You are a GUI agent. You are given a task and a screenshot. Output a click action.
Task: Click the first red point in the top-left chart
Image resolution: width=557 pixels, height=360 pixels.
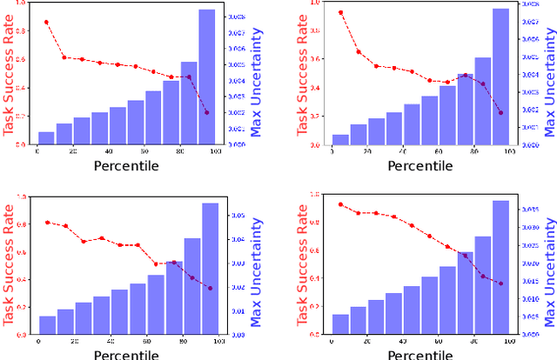click(46, 22)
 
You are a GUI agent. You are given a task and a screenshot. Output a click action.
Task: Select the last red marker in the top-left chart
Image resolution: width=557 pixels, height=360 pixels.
click(206, 113)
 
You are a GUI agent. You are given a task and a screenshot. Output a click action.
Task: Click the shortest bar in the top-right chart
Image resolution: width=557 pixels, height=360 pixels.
click(340, 140)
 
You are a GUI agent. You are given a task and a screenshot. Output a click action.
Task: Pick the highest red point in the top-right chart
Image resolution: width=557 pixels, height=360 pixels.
click(340, 13)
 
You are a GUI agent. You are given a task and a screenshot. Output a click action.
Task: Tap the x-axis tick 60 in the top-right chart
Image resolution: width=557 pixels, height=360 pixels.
click(439, 152)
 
